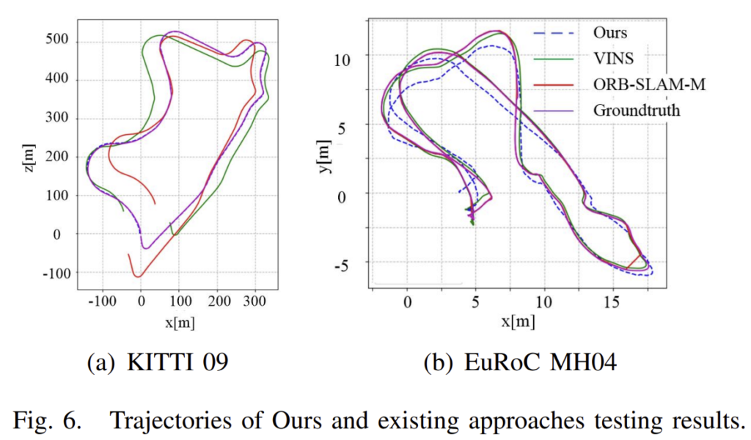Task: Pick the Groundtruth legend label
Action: click(636, 111)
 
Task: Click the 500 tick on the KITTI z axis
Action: click(58, 41)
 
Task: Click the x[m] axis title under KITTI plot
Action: click(180, 322)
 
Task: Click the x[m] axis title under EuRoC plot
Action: click(518, 322)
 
